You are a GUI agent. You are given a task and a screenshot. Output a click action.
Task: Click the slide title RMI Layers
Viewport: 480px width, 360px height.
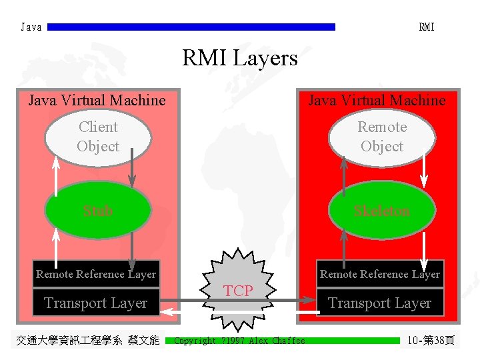pyautogui.click(x=239, y=59)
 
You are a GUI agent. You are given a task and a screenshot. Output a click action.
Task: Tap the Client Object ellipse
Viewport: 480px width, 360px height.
pyautogui.click(x=97, y=137)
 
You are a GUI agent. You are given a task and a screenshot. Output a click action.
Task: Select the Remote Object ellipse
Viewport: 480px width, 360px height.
pyautogui.click(x=381, y=137)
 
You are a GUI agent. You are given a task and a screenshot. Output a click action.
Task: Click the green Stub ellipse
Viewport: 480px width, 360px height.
pyautogui.click(x=97, y=211)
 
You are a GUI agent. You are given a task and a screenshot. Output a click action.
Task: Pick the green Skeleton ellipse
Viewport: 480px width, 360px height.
pyautogui.click(x=381, y=211)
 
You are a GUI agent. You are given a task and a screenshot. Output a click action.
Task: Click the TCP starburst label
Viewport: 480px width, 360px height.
pyautogui.click(x=238, y=291)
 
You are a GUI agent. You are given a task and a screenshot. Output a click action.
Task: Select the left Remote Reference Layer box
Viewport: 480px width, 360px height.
pyautogui.click(x=96, y=274)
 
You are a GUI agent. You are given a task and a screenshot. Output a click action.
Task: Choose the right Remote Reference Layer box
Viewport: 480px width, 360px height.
pyautogui.click(x=379, y=274)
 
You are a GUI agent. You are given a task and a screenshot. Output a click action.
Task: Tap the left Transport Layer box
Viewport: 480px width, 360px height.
pyautogui.click(x=96, y=303)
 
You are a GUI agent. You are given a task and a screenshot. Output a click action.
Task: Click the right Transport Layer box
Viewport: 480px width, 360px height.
pyautogui.click(x=379, y=303)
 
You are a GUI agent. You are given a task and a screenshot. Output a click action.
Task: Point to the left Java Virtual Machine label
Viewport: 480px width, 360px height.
pyautogui.click(x=97, y=101)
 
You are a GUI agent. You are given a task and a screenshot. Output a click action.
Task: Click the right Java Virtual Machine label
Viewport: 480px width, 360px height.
pyautogui.click(x=377, y=101)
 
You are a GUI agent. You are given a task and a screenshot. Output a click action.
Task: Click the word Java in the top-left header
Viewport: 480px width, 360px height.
pyautogui.click(x=31, y=27)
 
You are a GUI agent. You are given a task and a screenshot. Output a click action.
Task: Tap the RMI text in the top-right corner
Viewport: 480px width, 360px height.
pyautogui.click(x=426, y=27)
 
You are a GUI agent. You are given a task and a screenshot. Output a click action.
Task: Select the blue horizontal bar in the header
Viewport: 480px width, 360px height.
pyautogui.click(x=192, y=27)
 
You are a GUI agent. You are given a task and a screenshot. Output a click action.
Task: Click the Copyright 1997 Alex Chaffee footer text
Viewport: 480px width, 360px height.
pyautogui.click(x=239, y=341)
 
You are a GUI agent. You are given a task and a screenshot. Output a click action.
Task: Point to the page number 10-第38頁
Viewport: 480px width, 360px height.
pyautogui.click(x=431, y=341)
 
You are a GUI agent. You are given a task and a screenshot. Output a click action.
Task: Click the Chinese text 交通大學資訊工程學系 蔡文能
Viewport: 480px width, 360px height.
pyautogui.click(x=87, y=341)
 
